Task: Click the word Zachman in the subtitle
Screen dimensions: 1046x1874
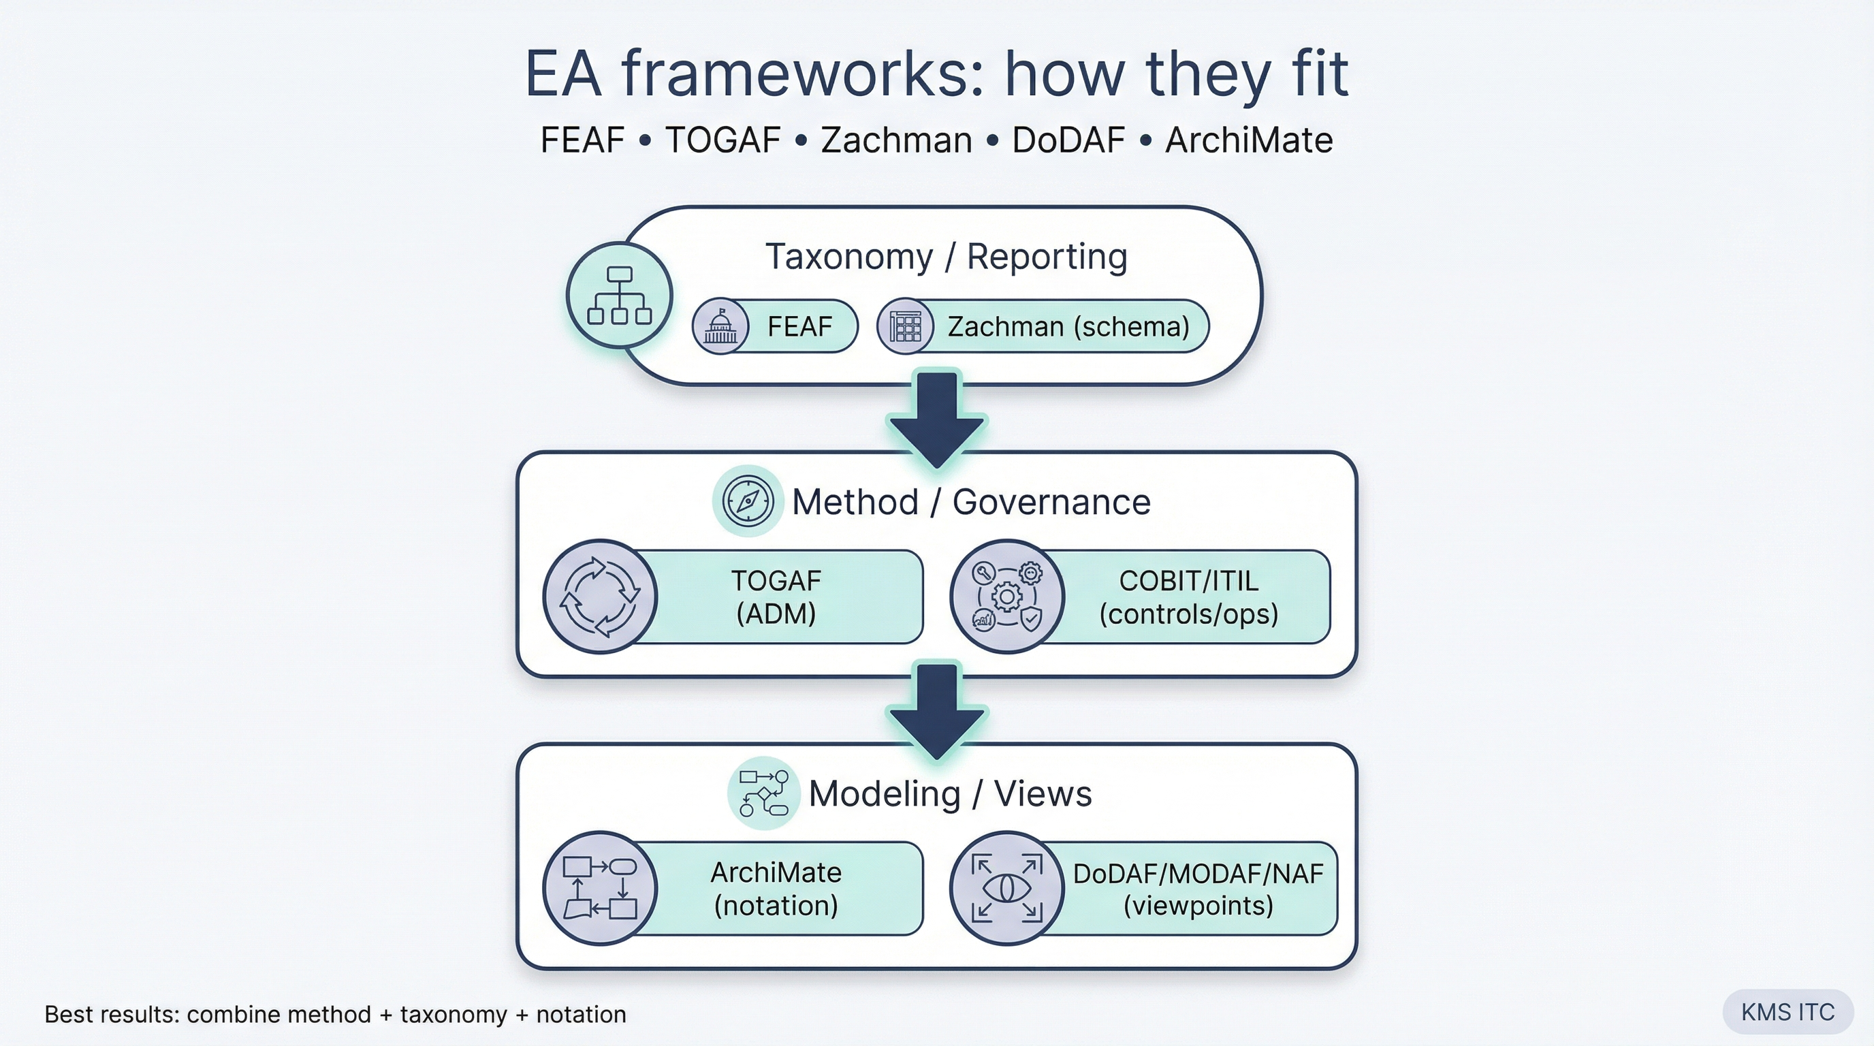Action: (x=896, y=140)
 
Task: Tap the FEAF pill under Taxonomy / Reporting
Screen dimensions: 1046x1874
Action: (x=799, y=327)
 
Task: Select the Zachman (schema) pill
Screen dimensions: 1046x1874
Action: (x=1067, y=327)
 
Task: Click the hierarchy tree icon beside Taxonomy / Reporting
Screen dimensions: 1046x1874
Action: (x=619, y=296)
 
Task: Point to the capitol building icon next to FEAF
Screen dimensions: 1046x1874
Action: (x=720, y=327)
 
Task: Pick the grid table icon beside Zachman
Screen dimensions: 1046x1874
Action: (x=905, y=327)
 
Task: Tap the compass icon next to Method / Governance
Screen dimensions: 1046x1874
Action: (x=747, y=501)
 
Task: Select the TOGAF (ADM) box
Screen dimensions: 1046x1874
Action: (x=776, y=597)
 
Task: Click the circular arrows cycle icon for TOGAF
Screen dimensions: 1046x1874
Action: (x=600, y=597)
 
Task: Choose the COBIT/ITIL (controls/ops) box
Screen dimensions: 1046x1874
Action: (x=1188, y=597)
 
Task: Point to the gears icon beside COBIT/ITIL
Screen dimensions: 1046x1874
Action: (x=1007, y=597)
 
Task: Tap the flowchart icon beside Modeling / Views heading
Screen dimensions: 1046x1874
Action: (x=763, y=793)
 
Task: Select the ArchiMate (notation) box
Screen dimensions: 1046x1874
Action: (x=776, y=888)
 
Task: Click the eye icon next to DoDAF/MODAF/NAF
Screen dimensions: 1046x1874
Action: (x=1007, y=888)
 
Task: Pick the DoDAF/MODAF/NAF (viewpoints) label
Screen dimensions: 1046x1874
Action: (x=1197, y=888)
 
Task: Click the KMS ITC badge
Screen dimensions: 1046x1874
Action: (x=1788, y=1012)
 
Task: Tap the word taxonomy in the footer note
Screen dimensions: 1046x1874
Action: (x=454, y=1014)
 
